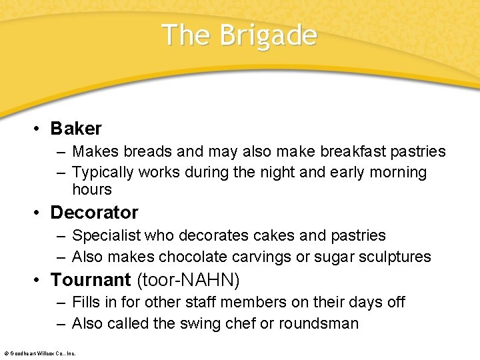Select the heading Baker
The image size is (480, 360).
(76, 128)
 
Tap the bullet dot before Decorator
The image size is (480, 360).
(39, 213)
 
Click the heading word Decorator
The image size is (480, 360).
(94, 213)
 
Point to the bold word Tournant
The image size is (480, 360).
(91, 279)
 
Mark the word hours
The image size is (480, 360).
(92, 190)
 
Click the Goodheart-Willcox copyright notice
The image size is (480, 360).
(39, 353)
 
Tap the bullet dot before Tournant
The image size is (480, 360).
(39, 280)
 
